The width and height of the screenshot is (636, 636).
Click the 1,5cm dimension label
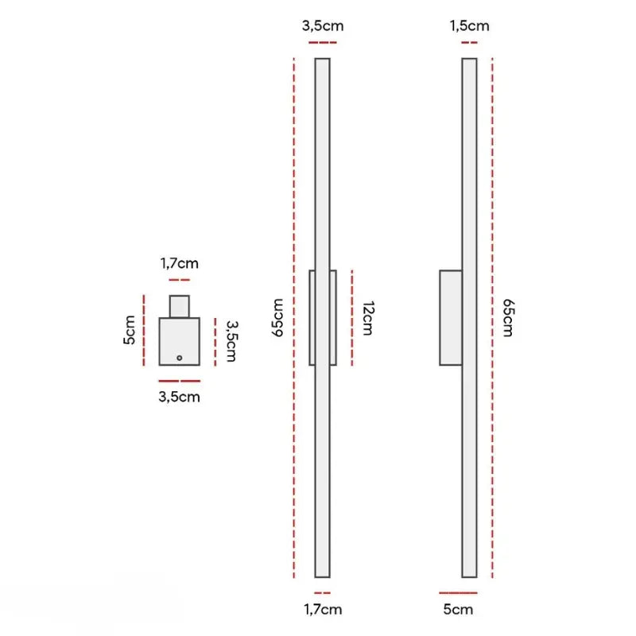click(x=469, y=25)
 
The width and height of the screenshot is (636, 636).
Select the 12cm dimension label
click(x=367, y=318)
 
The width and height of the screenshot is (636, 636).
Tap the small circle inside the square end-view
click(x=180, y=358)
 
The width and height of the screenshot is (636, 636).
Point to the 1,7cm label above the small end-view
click(x=180, y=263)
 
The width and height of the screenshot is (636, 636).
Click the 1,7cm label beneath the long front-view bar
click(x=322, y=609)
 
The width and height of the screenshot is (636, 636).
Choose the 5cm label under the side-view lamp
click(x=457, y=609)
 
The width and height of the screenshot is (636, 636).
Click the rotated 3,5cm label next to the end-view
click(x=231, y=341)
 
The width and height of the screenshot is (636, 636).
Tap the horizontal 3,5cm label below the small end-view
click(x=180, y=397)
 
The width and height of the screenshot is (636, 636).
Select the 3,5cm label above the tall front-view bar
click(x=322, y=25)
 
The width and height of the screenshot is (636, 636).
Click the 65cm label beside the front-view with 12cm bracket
click(x=277, y=318)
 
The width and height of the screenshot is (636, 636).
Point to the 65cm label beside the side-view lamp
click(x=506, y=318)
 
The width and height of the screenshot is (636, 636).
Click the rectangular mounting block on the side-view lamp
click(x=451, y=318)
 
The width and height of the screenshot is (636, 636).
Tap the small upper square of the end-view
click(x=180, y=306)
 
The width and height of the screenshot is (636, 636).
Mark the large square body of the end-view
click(x=180, y=340)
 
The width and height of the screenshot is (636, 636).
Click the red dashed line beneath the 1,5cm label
click(x=469, y=41)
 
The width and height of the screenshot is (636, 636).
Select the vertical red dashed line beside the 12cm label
click(x=351, y=318)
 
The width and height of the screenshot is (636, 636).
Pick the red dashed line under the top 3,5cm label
click(x=322, y=41)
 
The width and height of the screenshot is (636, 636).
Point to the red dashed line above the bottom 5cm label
click(x=458, y=593)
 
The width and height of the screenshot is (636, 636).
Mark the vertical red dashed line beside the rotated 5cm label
click(x=144, y=330)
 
